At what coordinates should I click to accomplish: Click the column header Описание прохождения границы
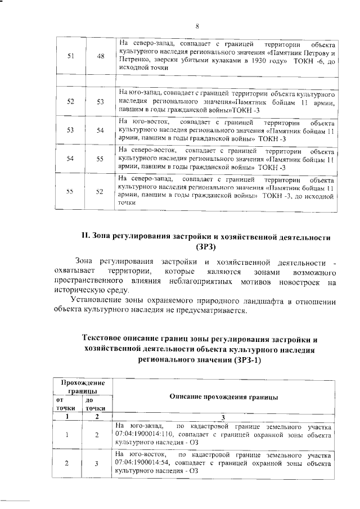point(223,397)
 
